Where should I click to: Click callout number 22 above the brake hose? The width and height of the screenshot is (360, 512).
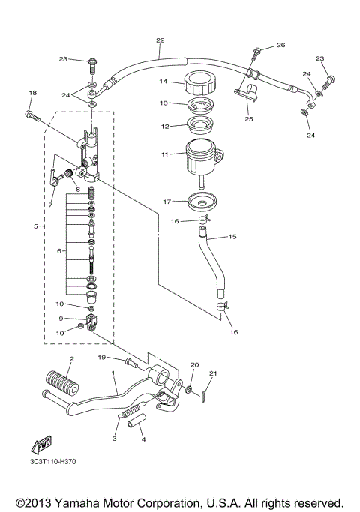(160, 40)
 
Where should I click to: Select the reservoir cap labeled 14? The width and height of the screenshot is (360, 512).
(199, 82)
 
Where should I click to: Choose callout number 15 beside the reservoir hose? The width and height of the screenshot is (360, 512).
(232, 237)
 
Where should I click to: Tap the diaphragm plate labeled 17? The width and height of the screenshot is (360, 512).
(199, 201)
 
